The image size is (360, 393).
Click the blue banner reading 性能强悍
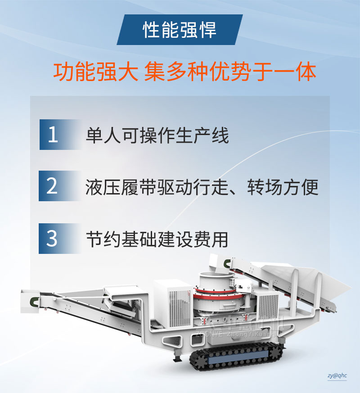(180, 30)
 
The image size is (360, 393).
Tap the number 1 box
(60, 135)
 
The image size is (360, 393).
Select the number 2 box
(59, 186)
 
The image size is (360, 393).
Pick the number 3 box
(59, 239)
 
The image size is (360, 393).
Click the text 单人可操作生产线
(157, 136)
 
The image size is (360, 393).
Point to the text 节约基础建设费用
(157, 239)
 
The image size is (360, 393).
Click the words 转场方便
(283, 187)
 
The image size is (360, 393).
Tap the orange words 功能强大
(96, 72)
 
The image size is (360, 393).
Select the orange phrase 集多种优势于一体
(230, 72)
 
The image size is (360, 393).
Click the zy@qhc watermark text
(337, 375)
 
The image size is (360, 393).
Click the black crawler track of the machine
(236, 357)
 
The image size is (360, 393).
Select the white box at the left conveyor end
(30, 301)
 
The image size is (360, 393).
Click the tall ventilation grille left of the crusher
(180, 308)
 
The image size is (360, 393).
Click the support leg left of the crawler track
(177, 355)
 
